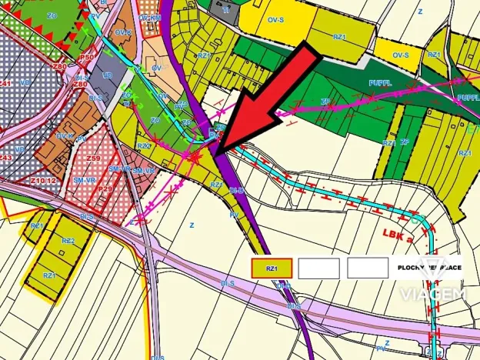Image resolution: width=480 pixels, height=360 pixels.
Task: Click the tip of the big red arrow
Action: (218, 151)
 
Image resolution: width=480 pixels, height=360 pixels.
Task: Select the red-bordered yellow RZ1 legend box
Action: (272, 268)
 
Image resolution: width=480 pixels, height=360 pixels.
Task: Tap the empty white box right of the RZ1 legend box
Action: (319, 268)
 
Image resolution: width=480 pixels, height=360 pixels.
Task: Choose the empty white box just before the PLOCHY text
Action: (368, 268)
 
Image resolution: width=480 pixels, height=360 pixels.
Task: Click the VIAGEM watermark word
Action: (433, 294)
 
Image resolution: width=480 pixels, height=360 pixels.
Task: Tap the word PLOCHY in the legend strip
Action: (413, 268)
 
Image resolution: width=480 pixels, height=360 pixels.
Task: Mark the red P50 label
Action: (85, 57)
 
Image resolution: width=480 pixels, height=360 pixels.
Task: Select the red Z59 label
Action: (94, 158)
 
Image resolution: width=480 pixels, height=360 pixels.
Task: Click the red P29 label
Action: (106, 188)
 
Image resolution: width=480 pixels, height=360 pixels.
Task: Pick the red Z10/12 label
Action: (44, 180)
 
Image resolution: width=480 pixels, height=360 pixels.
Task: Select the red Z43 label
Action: (6, 157)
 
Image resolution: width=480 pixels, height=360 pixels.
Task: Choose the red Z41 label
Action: (6, 82)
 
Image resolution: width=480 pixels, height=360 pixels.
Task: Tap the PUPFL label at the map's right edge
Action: (468, 98)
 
